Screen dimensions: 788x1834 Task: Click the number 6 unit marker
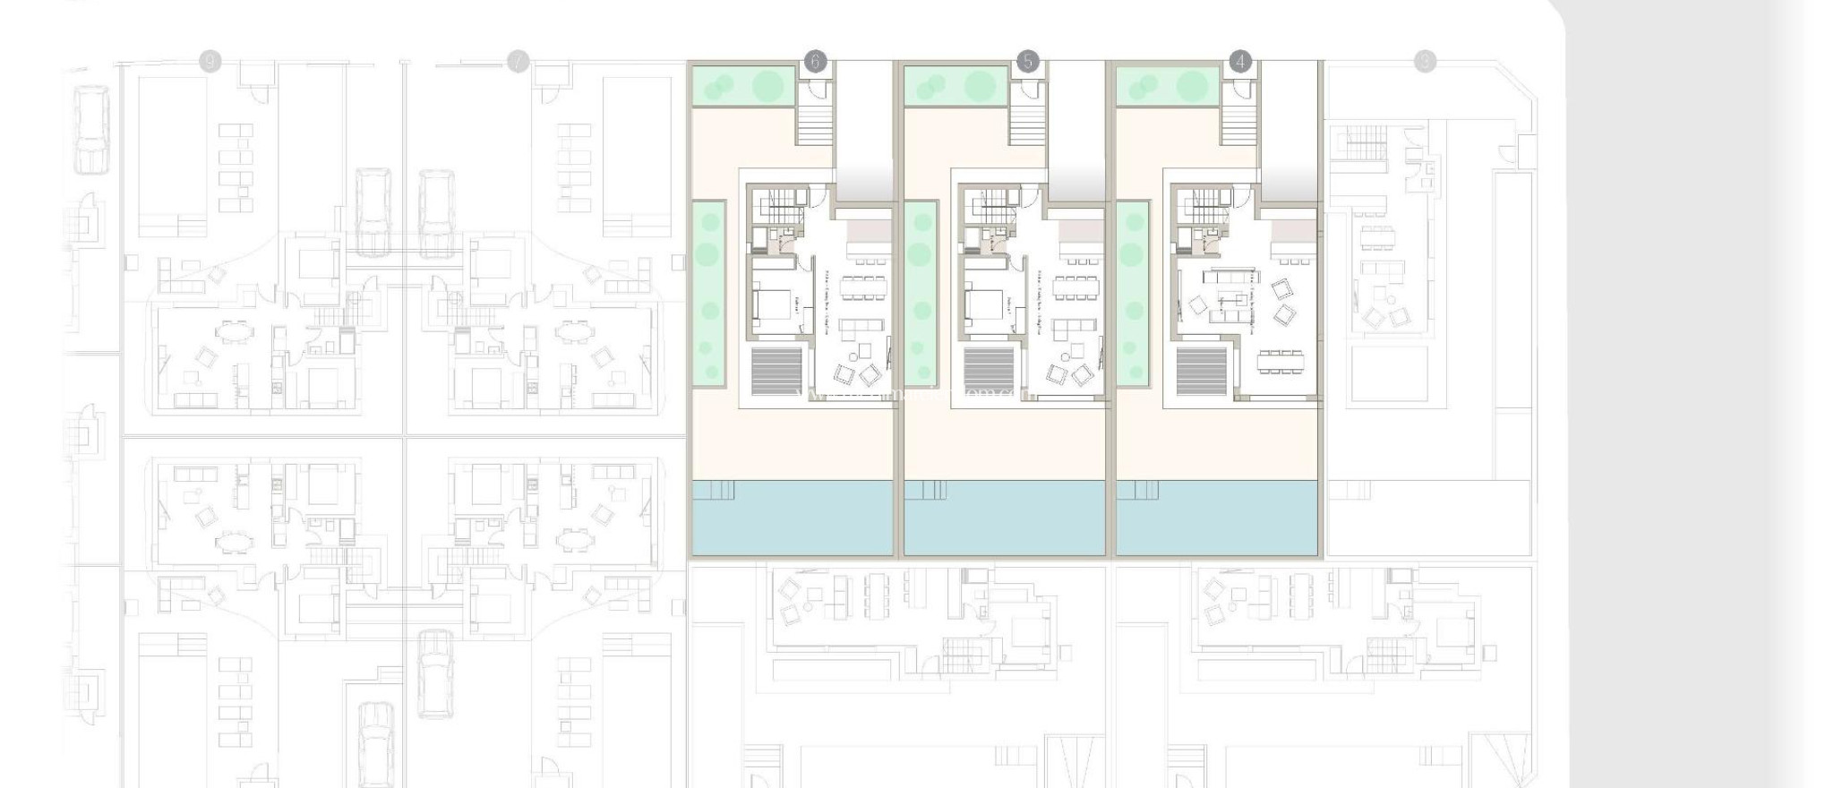click(x=814, y=62)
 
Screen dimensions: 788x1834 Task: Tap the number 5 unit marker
click(x=1027, y=62)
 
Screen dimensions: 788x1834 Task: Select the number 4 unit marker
click(x=1240, y=62)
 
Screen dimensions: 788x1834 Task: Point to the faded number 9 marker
click(x=210, y=62)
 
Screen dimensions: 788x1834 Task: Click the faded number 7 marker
click(x=518, y=62)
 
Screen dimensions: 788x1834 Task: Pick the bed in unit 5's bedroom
click(x=982, y=304)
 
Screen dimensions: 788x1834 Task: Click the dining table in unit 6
click(x=864, y=288)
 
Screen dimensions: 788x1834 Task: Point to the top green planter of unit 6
click(x=741, y=86)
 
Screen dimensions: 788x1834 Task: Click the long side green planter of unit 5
click(x=920, y=294)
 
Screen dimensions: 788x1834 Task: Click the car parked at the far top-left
click(x=91, y=129)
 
